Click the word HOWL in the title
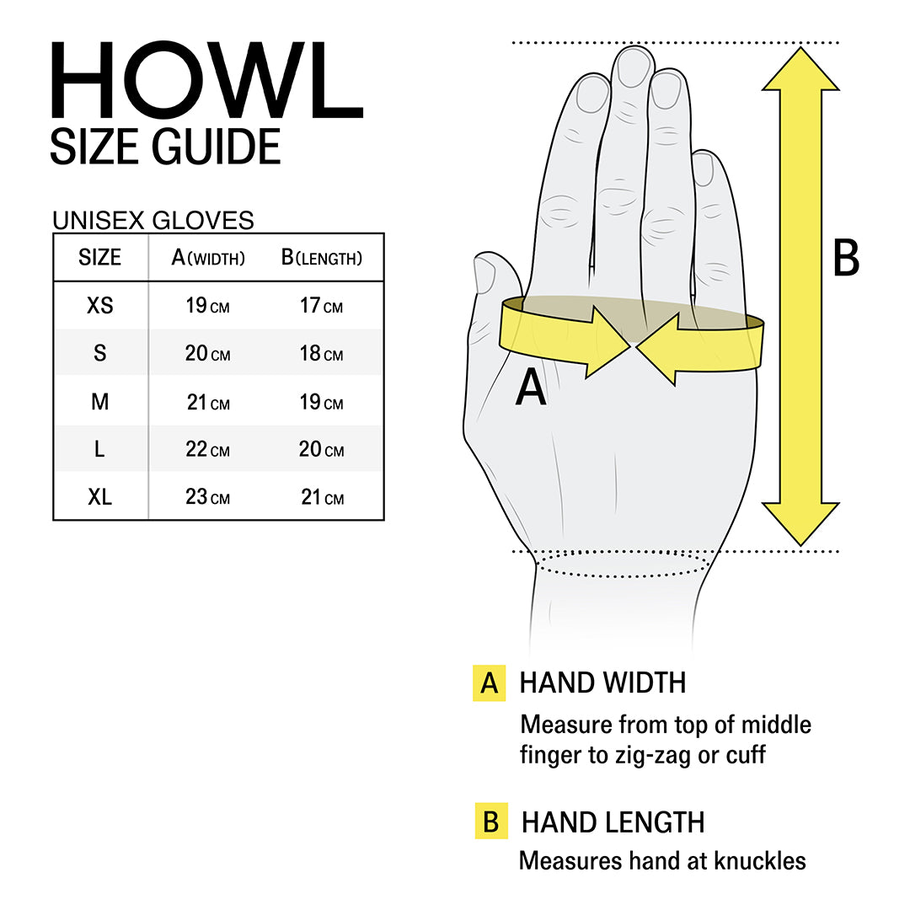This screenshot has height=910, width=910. (206, 79)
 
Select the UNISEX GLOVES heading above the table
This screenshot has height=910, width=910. (153, 220)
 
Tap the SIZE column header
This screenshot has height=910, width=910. (99, 257)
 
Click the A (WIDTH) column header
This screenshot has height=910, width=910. (208, 258)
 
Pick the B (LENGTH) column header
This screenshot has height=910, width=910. (321, 258)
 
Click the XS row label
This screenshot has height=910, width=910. (99, 305)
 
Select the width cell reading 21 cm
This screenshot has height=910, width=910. (208, 403)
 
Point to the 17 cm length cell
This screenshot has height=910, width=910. (321, 306)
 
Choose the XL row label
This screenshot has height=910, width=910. (99, 497)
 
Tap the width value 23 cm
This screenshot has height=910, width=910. (208, 497)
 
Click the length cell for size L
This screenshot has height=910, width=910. (321, 450)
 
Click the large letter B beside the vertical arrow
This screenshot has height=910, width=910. (846, 259)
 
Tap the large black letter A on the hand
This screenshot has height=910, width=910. (531, 388)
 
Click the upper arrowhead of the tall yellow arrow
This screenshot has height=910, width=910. (800, 69)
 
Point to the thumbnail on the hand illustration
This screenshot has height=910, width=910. (484, 275)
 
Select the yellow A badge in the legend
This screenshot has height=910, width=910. (490, 683)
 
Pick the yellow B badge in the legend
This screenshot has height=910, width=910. (490, 822)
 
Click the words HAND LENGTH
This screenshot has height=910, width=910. (613, 822)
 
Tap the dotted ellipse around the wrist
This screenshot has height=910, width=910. (622, 564)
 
